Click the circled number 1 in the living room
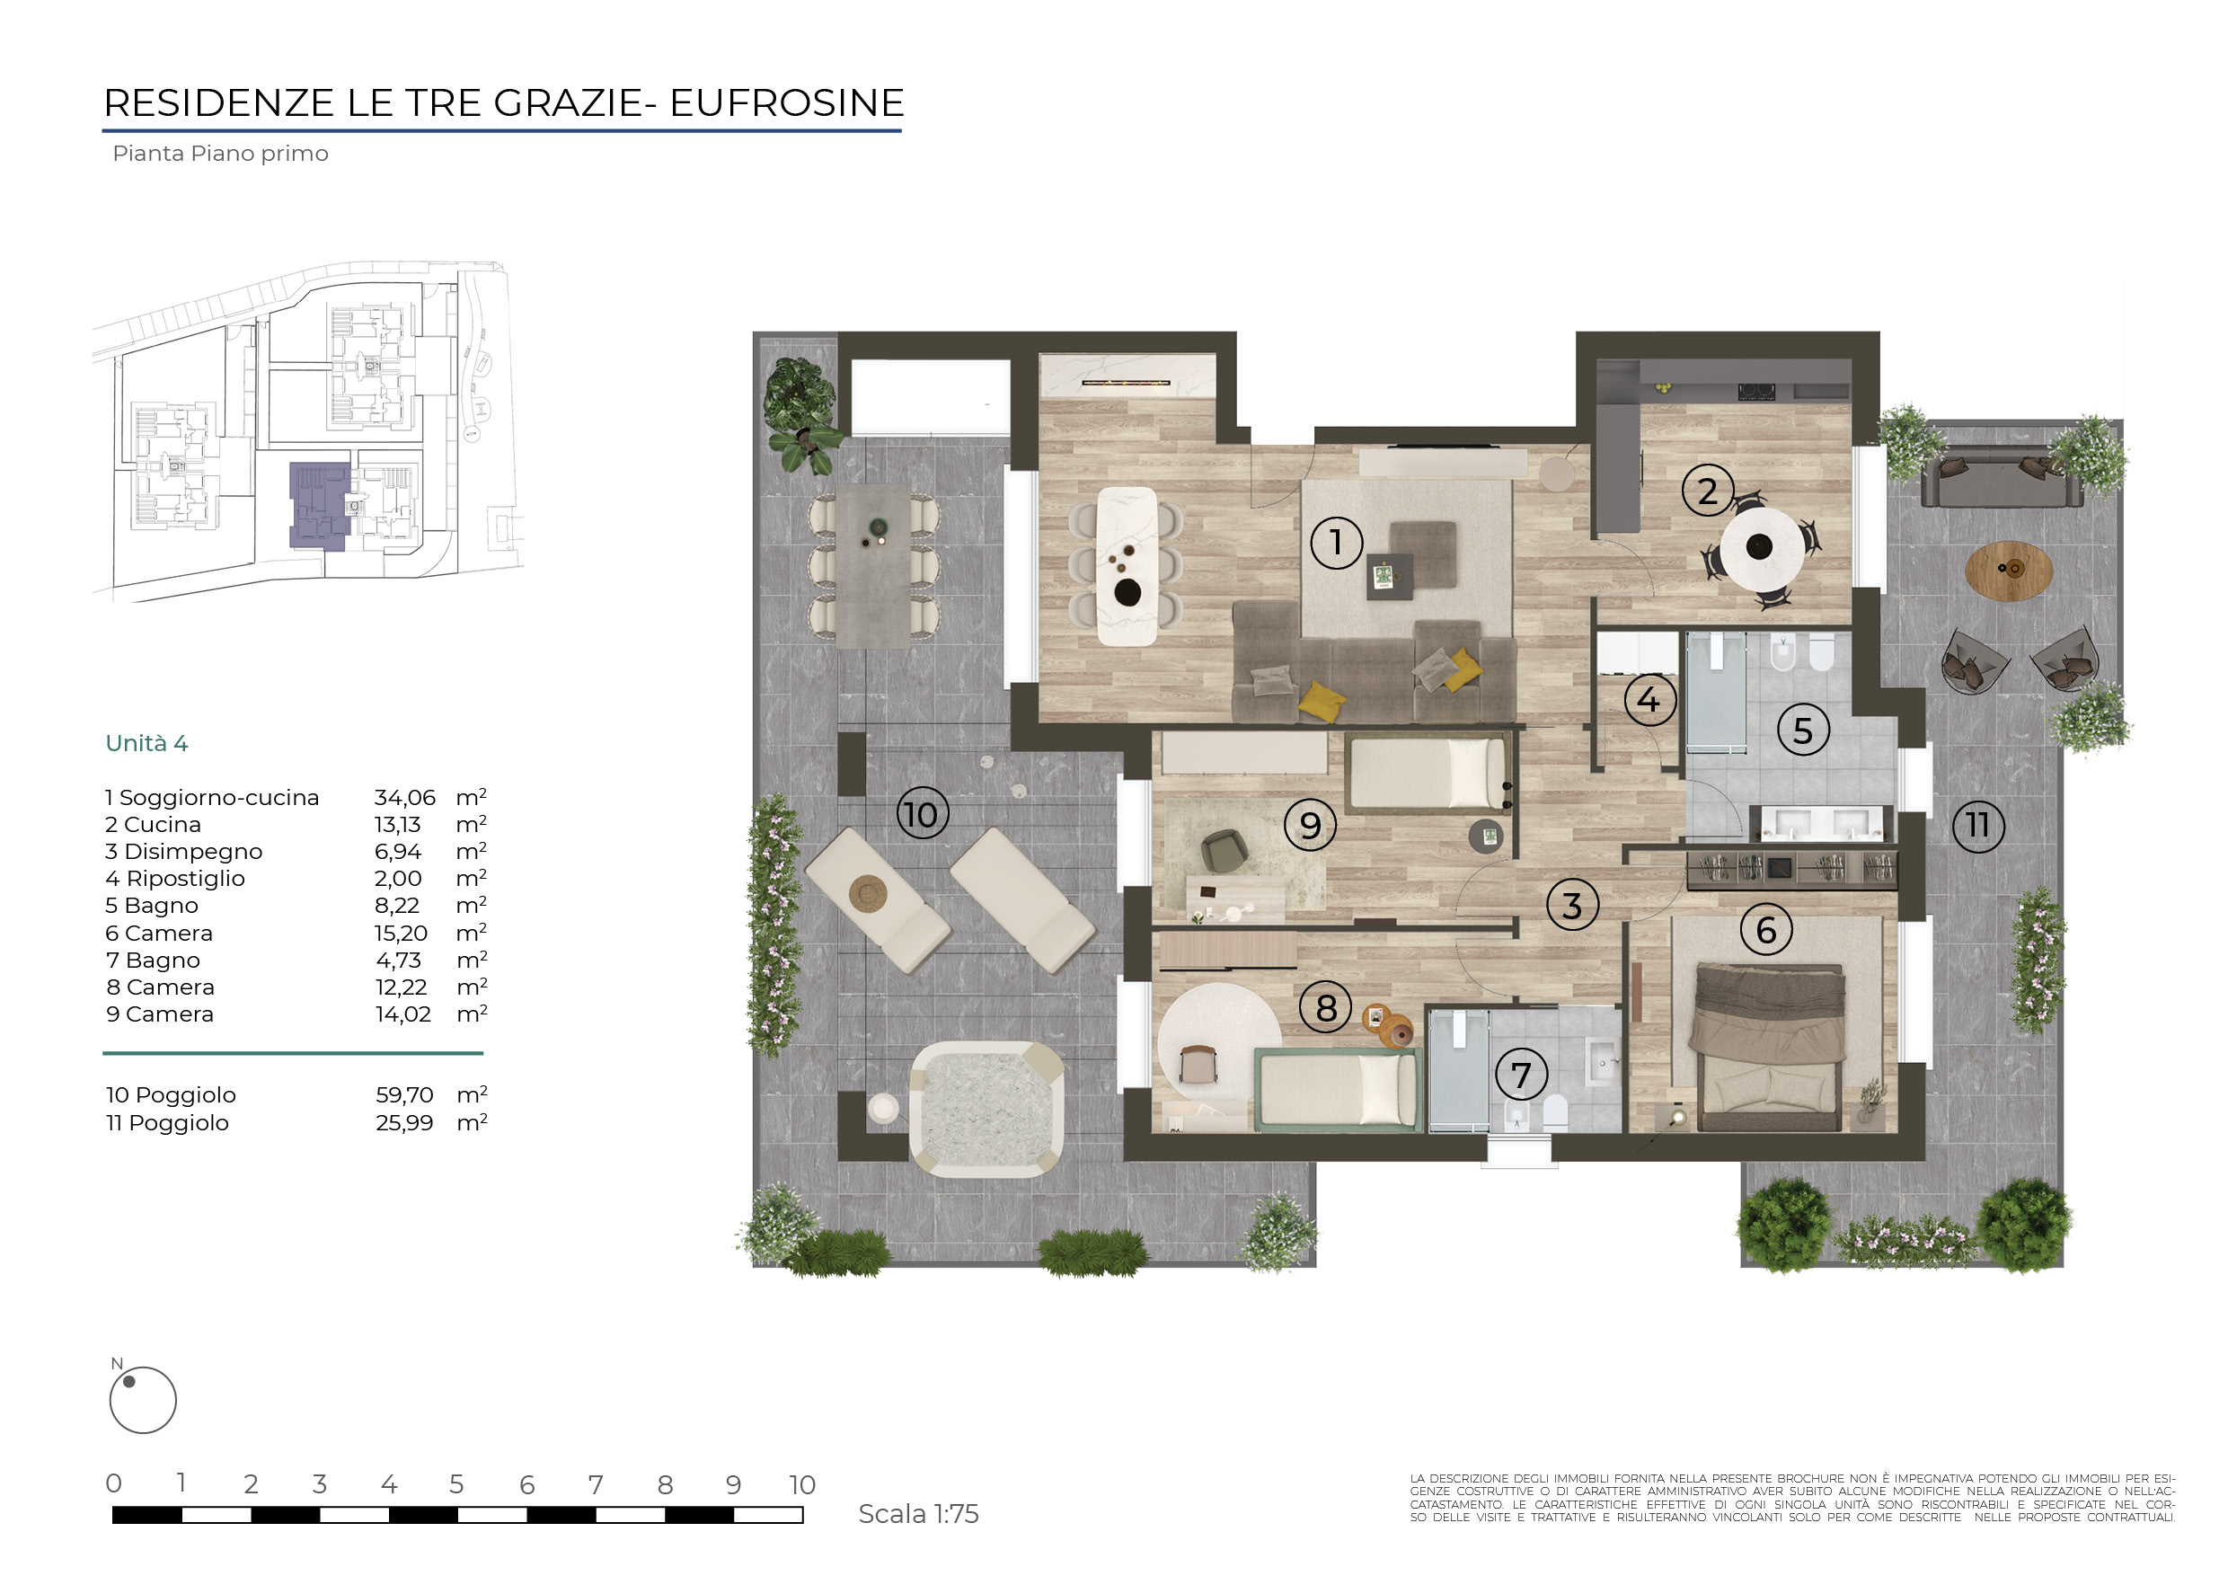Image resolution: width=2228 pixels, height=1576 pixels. click(x=1336, y=543)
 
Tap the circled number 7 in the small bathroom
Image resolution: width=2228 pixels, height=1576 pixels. click(x=1521, y=1075)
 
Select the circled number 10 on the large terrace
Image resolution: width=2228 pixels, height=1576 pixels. click(x=922, y=814)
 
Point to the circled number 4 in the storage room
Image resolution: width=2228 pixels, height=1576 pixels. click(x=1649, y=700)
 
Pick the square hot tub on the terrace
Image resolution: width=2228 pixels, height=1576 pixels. click(x=986, y=1108)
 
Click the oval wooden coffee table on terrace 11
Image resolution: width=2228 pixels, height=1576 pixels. click(x=2009, y=571)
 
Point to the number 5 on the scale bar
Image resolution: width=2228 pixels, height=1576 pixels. click(x=456, y=1484)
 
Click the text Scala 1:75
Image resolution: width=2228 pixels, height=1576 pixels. click(x=918, y=1514)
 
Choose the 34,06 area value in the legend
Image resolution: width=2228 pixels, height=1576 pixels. click(x=404, y=798)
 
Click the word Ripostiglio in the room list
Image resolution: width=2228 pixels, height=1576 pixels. click(x=185, y=878)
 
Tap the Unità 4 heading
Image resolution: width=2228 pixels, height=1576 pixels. click(x=146, y=743)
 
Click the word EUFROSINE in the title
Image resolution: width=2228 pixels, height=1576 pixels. click(x=787, y=102)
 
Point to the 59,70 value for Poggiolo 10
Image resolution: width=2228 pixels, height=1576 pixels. click(x=404, y=1094)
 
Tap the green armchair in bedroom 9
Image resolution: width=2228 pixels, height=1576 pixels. click(x=1225, y=851)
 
